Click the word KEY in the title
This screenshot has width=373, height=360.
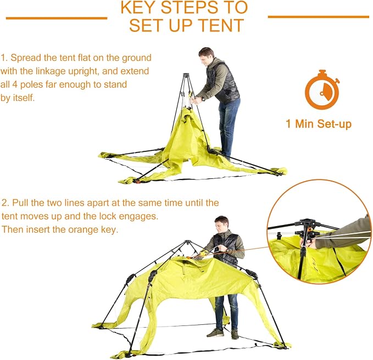point(138,7)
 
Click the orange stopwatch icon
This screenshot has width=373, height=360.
point(322,89)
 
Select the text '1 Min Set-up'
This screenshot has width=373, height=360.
point(319,124)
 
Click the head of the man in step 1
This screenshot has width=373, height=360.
point(206,55)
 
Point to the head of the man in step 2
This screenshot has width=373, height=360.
point(221,223)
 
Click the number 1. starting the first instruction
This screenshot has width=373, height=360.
point(4,58)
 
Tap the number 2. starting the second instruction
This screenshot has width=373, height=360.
point(5,203)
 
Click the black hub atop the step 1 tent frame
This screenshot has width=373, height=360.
point(186,75)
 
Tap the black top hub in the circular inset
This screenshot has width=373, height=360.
point(306,223)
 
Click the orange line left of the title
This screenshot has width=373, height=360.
point(57,18)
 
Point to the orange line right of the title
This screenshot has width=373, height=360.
point(319,17)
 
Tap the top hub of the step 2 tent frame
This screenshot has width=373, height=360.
point(188,242)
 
